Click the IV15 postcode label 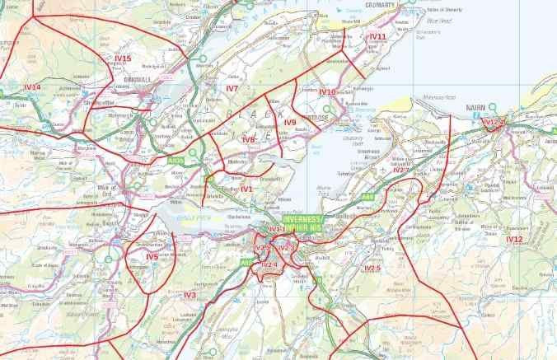tap(124, 58)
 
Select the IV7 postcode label tap(232, 87)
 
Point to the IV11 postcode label tap(378, 37)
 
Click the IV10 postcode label tap(327, 92)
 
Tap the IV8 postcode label tap(249, 140)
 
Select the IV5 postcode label tap(152, 256)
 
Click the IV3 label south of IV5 tap(190, 294)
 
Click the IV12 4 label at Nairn tap(494, 122)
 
